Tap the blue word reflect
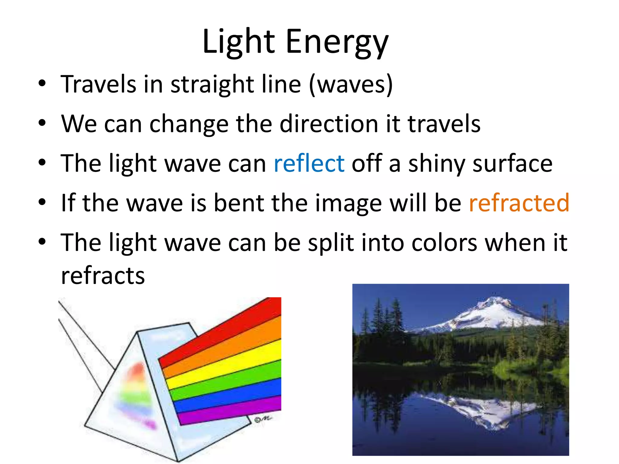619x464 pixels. [309, 163]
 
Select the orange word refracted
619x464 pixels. [519, 203]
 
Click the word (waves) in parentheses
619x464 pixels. [351, 84]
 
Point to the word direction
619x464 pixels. [329, 124]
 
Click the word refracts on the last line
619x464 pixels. [103, 275]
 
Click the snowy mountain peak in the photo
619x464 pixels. [496, 311]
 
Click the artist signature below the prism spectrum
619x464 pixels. [263, 419]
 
